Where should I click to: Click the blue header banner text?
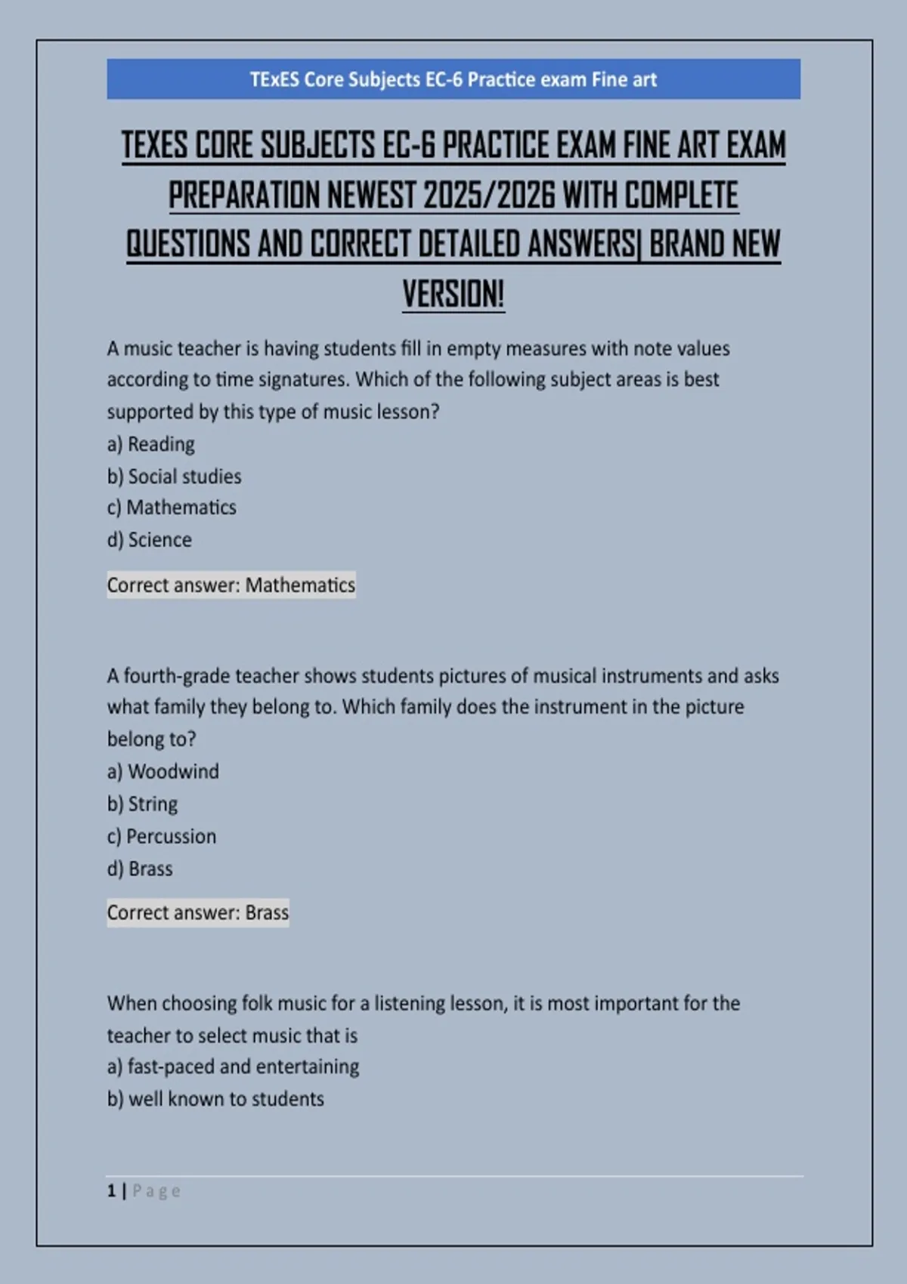453,79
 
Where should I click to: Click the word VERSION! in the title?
453,294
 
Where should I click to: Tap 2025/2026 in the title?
488,196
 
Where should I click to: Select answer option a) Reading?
151,444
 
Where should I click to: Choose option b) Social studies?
175,477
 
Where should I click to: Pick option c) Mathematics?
172,508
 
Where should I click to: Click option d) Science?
150,540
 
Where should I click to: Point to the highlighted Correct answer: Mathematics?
231,585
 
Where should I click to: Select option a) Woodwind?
163,772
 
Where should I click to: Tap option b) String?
143,804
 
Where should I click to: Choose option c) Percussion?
162,837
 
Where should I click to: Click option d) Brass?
140,869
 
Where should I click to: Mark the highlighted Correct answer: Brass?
198,913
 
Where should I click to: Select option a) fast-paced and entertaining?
234,1066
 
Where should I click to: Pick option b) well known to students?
215,1099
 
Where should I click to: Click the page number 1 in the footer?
112,1191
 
